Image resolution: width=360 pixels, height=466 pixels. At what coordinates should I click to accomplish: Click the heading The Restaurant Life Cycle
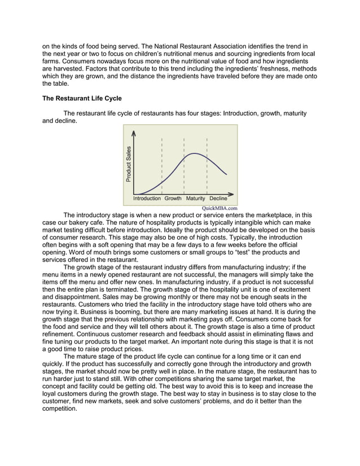click(82, 98)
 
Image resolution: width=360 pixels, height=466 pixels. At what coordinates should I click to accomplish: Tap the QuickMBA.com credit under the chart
click(219, 208)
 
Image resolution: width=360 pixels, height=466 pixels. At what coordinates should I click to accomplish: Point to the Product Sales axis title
click(129, 164)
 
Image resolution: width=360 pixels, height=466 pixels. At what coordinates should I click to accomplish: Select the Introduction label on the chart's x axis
click(147, 199)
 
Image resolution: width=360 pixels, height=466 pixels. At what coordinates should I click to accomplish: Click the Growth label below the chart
click(173, 199)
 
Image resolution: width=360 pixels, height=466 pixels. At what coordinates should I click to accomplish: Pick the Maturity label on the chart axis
click(195, 199)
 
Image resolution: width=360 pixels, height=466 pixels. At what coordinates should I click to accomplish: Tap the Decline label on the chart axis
click(218, 199)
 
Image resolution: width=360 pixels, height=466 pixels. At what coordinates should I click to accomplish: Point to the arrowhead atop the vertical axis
click(134, 133)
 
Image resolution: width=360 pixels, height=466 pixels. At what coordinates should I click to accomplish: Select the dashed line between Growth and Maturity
click(184, 164)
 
